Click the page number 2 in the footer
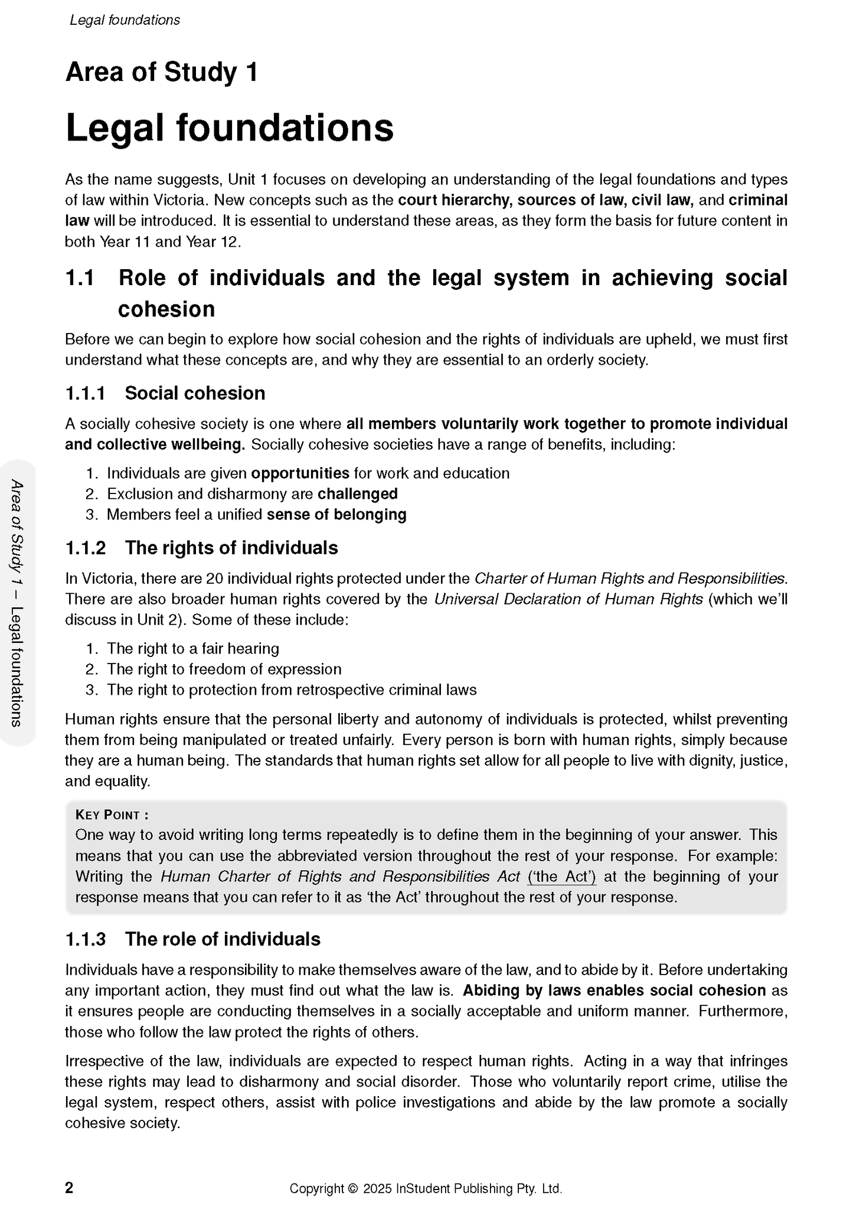click(69, 1188)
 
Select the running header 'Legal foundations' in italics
click(125, 20)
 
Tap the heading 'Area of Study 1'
click(162, 73)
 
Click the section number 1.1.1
click(85, 393)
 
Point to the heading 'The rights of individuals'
click(231, 548)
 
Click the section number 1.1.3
click(85, 939)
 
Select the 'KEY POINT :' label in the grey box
click(112, 815)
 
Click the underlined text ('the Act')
click(561, 877)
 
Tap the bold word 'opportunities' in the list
click(300, 473)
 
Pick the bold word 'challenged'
click(358, 494)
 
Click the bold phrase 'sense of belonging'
click(336, 515)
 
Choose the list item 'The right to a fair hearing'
click(192, 649)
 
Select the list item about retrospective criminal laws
click(292, 690)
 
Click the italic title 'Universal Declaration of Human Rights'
click(568, 599)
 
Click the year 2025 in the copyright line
click(377, 1188)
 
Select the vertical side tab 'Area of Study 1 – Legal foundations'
click(18, 603)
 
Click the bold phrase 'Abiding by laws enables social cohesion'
click(614, 991)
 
